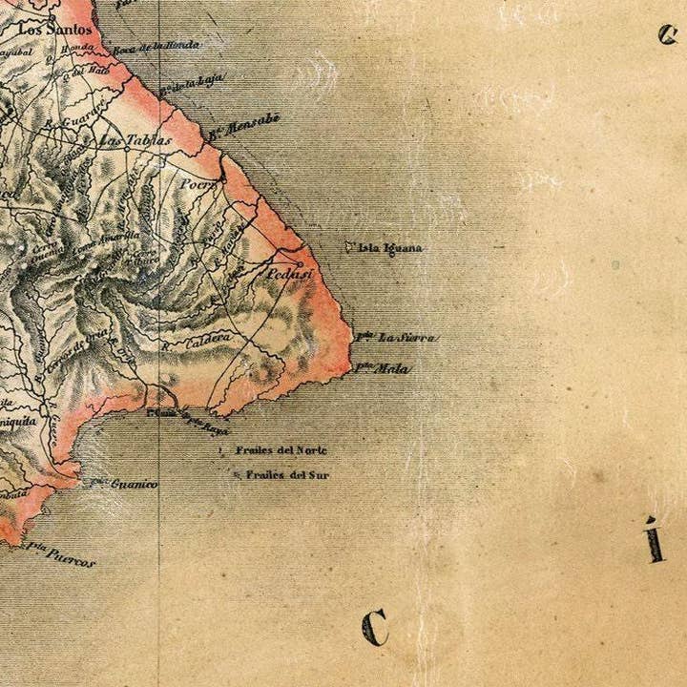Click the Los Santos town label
coord(58,29)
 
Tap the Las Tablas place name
coord(136,140)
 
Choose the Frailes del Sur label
coord(287,473)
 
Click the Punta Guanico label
coord(126,484)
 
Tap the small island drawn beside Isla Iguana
coord(349,245)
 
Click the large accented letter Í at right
coord(654,539)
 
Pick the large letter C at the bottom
coord(375,628)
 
